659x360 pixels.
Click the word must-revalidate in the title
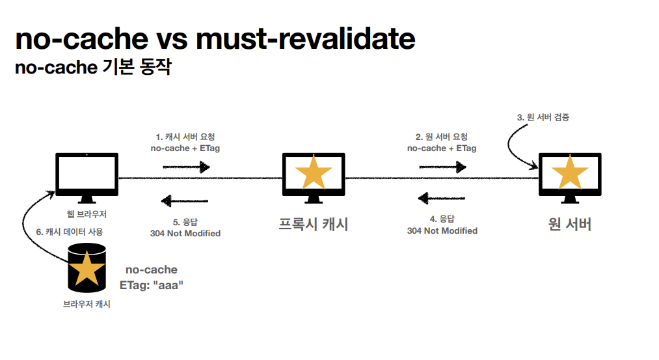[x=305, y=39]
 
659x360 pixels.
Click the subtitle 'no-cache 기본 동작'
[x=92, y=67]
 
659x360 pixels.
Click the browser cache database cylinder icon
[x=87, y=268]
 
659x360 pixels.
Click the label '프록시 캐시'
[x=314, y=225]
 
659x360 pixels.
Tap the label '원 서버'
[x=570, y=225]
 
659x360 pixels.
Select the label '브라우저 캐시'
[x=87, y=304]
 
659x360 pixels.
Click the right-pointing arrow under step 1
[x=186, y=167]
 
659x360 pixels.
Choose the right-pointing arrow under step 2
[x=442, y=167]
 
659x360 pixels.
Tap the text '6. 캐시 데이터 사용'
[x=70, y=231]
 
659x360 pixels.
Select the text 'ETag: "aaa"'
[x=152, y=284]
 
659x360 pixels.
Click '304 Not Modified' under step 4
[x=442, y=230]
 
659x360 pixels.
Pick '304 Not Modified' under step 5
[x=185, y=233]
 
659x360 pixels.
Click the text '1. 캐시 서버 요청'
[x=185, y=137]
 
